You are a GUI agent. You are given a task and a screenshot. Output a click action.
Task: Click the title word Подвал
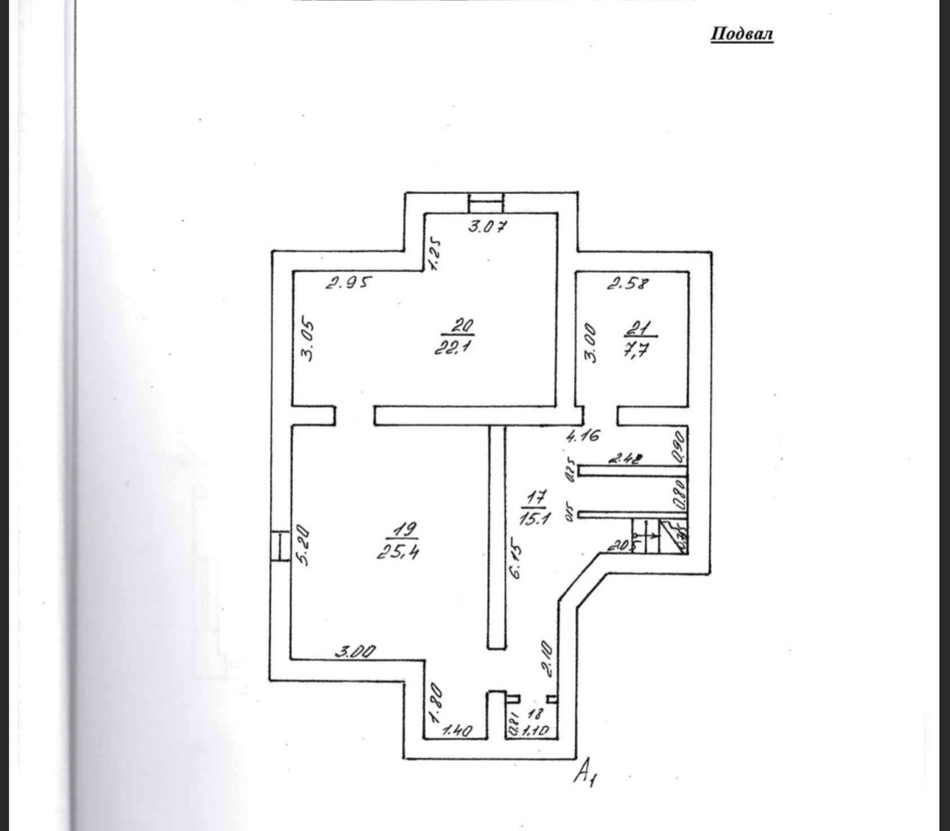point(741,34)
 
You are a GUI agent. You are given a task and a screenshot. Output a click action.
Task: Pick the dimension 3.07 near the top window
point(487,227)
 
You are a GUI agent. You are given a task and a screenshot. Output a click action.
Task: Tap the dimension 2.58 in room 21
point(628,283)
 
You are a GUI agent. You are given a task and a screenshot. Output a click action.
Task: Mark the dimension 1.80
point(435,703)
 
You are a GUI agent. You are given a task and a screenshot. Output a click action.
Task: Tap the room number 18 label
point(534,713)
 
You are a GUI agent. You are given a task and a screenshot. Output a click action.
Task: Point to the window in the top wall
point(486,201)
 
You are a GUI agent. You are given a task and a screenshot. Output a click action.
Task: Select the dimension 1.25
point(434,253)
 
